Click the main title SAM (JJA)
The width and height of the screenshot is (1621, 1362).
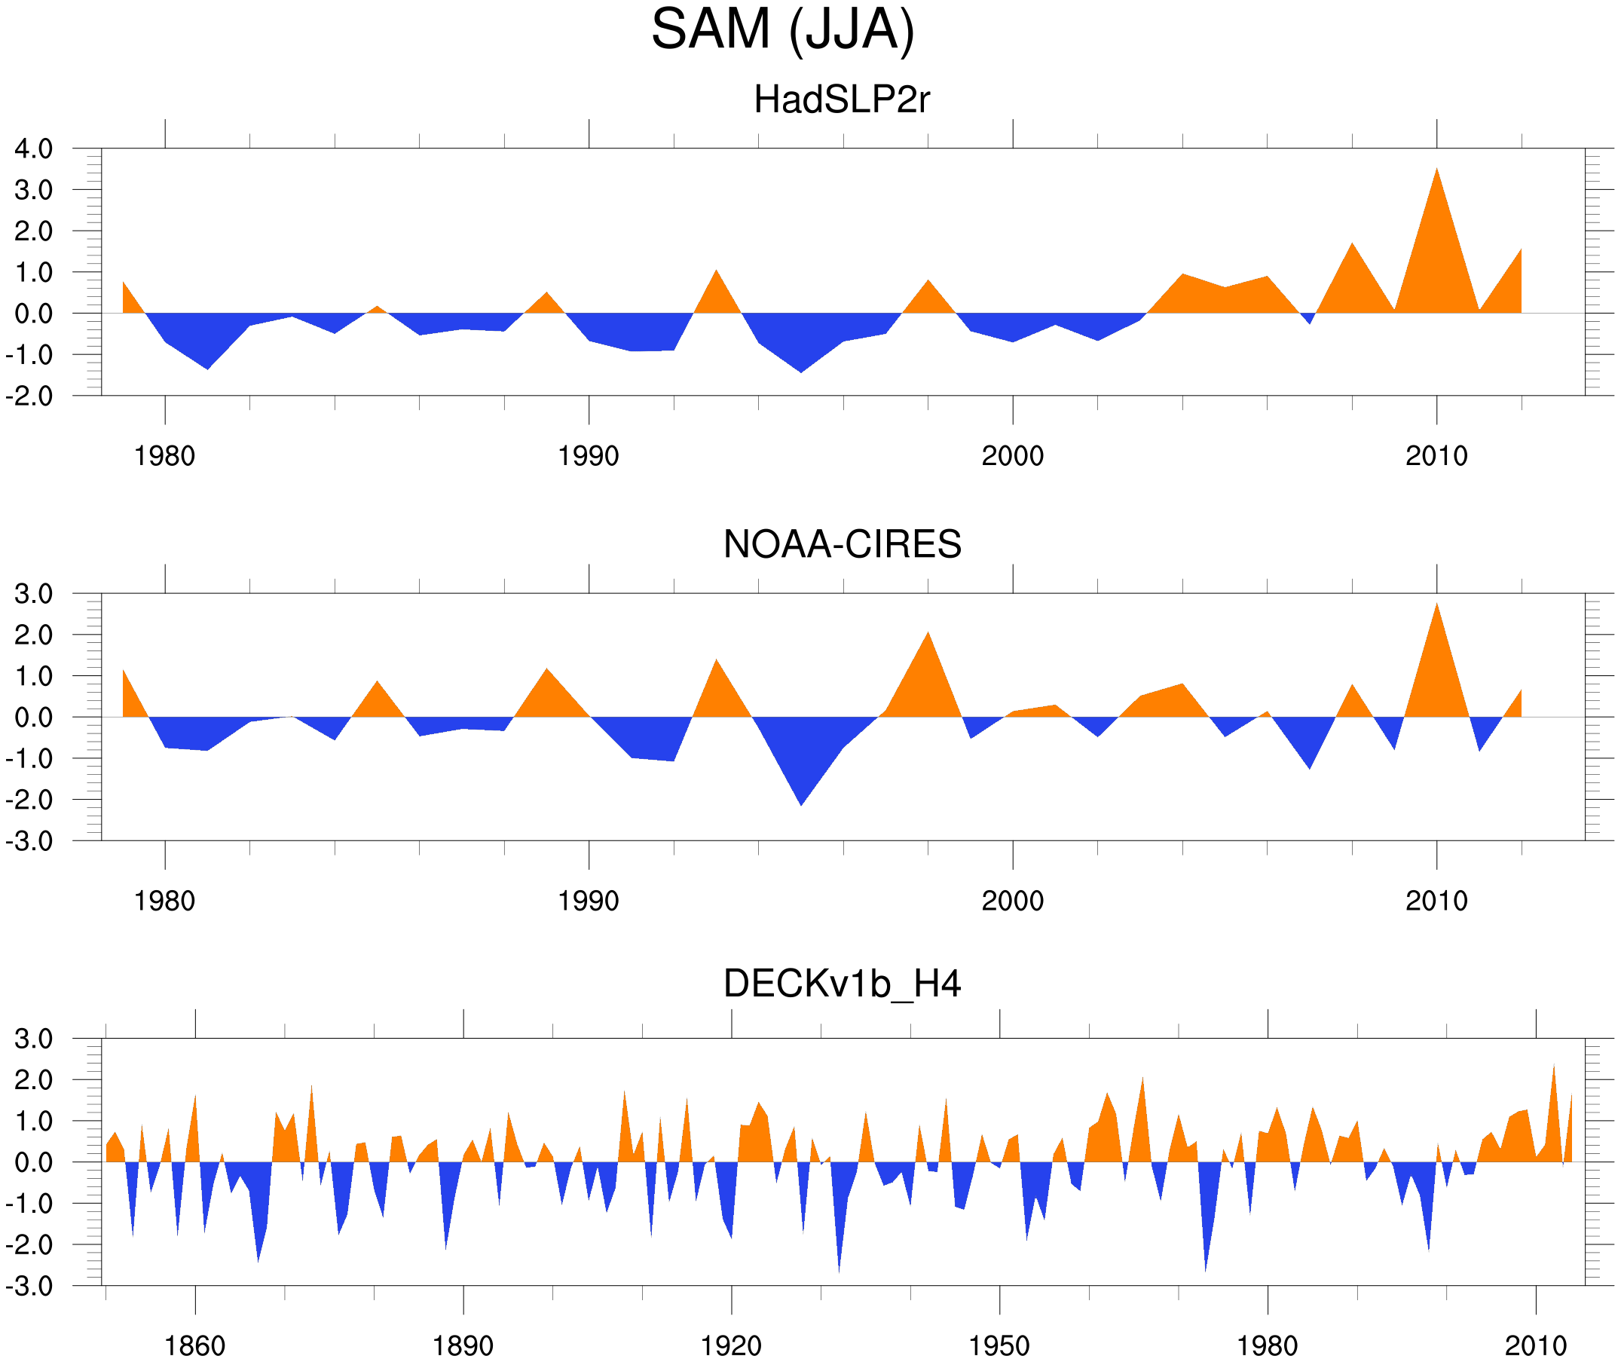[782, 29]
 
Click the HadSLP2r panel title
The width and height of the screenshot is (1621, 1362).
[841, 99]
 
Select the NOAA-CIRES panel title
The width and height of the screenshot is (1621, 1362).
[841, 544]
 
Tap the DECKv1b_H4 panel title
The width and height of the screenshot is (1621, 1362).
[841, 984]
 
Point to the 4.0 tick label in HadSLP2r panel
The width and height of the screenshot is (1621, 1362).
[33, 148]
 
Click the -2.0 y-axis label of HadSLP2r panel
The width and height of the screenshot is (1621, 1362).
[29, 396]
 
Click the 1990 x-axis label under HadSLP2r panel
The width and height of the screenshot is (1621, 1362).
[589, 456]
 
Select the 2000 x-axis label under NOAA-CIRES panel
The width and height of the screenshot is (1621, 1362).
[1012, 901]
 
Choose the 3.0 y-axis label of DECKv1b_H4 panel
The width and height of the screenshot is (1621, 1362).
[33, 1039]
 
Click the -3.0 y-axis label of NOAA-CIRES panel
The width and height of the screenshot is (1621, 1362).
[29, 841]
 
